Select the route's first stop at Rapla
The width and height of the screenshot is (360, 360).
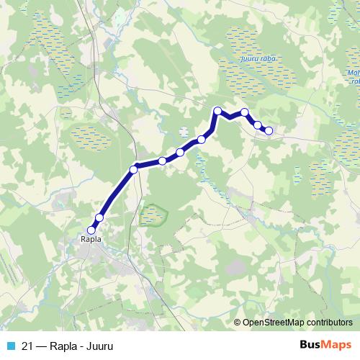[91, 230]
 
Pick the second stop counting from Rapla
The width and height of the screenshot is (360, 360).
[99, 217]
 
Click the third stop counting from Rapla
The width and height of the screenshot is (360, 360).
[133, 170]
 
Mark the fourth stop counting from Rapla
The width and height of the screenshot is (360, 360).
[162, 161]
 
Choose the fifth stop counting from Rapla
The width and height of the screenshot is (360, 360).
[180, 152]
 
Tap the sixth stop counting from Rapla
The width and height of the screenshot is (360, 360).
[202, 139]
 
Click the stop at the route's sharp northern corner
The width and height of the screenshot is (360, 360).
[217, 110]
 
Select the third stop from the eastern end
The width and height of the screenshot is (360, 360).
[245, 112]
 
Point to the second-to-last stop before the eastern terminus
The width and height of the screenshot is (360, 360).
[258, 125]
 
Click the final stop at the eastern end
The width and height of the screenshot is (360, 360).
[269, 130]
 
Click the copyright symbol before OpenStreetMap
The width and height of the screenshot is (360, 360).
[238, 323]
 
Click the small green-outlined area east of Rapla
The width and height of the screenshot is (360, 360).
[153, 215]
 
